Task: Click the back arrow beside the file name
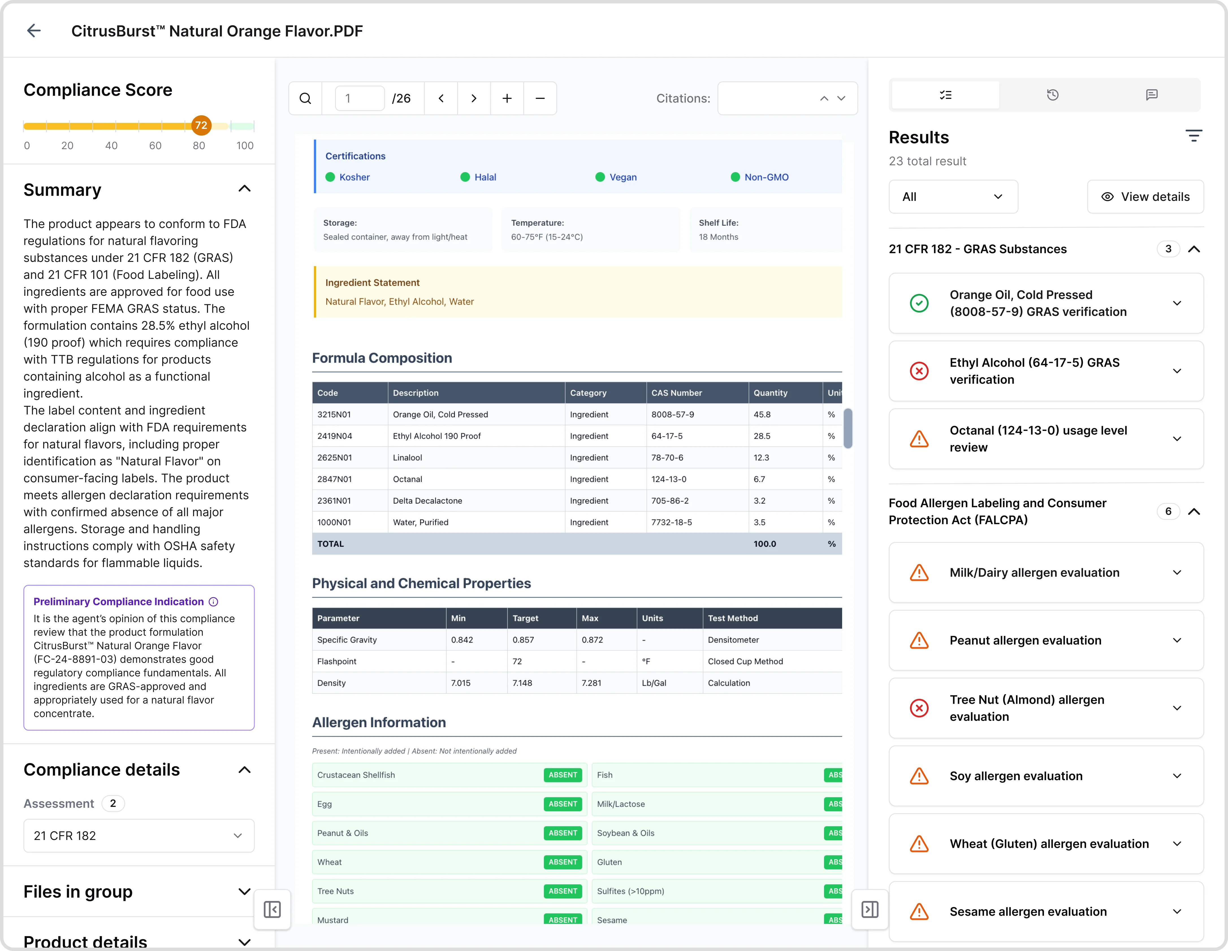pyautogui.click(x=34, y=31)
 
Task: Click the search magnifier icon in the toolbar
pyautogui.click(x=305, y=98)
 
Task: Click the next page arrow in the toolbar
pyautogui.click(x=474, y=98)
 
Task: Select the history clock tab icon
pyautogui.click(x=1052, y=95)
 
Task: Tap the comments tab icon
pyautogui.click(x=1151, y=95)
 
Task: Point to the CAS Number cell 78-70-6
pyautogui.click(x=667, y=457)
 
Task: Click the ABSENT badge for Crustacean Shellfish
pyautogui.click(x=563, y=775)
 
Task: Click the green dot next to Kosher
pyautogui.click(x=330, y=177)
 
